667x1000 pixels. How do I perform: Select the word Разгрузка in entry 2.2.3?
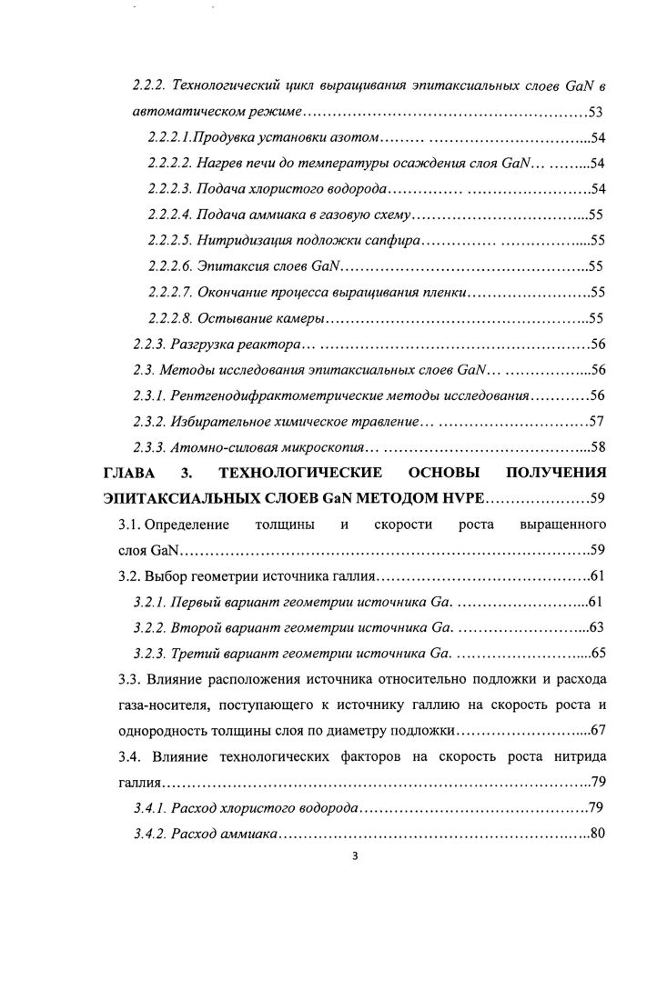point(201,345)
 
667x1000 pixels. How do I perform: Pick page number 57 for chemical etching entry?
point(598,422)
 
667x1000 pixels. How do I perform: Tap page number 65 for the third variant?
point(598,653)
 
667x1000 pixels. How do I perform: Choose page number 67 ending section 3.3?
point(598,730)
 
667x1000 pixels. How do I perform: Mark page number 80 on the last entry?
point(598,833)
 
